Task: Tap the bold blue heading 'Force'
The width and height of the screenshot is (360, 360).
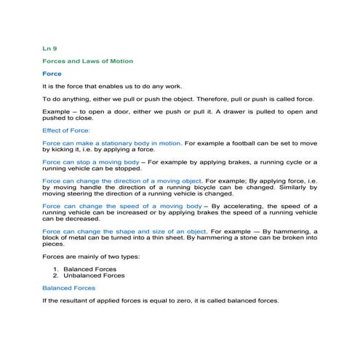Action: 52,73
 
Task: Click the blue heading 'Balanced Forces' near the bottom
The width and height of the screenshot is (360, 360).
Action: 69,288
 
